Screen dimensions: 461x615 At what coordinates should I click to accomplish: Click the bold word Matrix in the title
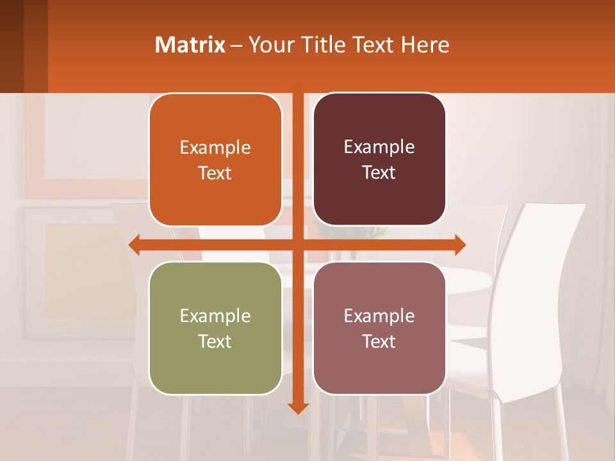pyautogui.click(x=190, y=45)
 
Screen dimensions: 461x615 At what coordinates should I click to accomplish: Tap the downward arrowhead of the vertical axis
pyautogui.click(x=297, y=407)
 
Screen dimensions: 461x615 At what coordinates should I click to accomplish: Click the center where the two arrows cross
pyautogui.click(x=297, y=245)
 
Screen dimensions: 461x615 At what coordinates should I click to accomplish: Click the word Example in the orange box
pyautogui.click(x=215, y=148)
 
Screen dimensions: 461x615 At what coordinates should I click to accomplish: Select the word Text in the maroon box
pyautogui.click(x=379, y=173)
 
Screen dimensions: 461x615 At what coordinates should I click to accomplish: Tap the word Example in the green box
pyautogui.click(x=215, y=316)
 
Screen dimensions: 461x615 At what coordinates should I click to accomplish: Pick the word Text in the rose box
pyautogui.click(x=379, y=341)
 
